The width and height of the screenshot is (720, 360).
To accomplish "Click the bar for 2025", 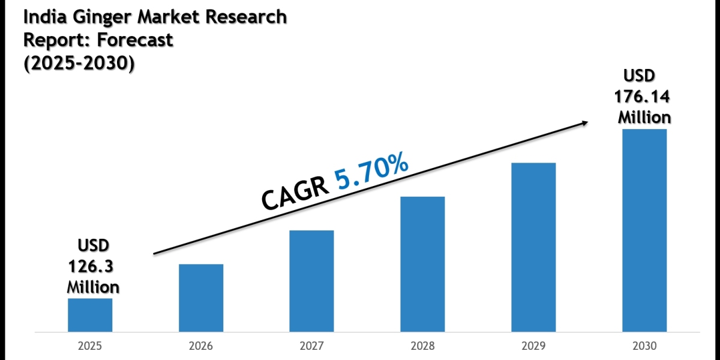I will [90, 315].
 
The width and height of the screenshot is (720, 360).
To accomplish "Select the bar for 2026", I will [201, 298].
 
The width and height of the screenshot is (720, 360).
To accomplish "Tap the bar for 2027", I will [311, 281].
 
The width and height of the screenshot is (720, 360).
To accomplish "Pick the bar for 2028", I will [422, 264].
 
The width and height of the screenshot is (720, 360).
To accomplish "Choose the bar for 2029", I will [533, 247].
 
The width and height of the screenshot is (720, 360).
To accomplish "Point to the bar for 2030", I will [644, 230].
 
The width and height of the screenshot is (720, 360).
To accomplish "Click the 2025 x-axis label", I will [90, 346].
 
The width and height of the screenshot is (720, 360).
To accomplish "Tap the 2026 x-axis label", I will [201, 346].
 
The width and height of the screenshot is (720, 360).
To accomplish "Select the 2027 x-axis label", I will [311, 346].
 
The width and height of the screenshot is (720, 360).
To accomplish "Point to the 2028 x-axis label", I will [422, 346].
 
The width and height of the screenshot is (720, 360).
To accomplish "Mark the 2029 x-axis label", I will [533, 346].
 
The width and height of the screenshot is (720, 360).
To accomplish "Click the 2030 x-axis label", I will [644, 346].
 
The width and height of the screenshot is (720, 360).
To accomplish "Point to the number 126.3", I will [92, 266].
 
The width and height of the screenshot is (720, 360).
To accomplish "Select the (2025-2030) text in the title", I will [79, 63].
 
